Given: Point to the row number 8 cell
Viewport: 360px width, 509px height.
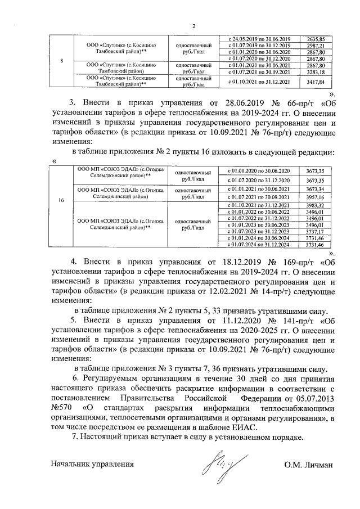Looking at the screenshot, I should tap(61, 61).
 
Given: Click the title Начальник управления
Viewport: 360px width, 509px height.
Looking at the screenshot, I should tap(92, 465).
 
